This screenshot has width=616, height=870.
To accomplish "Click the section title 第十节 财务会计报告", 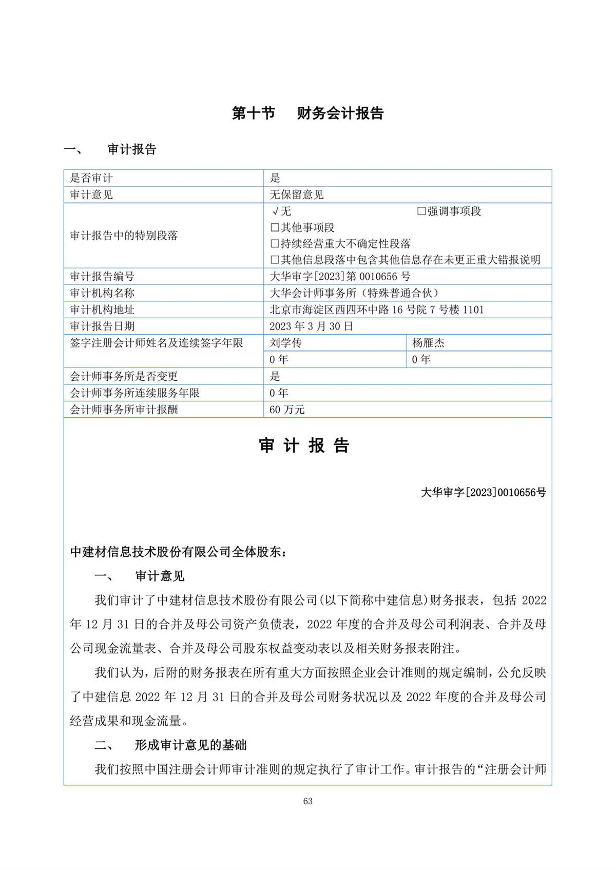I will pos(307,113).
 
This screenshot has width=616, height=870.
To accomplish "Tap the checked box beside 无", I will pos(275,211).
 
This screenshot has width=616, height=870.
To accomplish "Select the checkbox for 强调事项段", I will pos(421,211).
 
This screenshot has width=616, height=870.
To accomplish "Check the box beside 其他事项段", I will pos(275,227).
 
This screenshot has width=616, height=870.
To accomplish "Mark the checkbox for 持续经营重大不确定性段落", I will pos(275,244).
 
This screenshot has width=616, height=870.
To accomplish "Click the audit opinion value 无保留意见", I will pos(297,195).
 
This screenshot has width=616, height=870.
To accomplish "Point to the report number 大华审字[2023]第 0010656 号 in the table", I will pos(340,277).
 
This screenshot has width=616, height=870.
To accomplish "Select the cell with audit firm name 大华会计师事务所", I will pos(354,293).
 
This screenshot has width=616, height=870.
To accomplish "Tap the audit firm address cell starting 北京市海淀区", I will pos(377,310).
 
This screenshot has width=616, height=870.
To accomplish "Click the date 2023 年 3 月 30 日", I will pos(311,326).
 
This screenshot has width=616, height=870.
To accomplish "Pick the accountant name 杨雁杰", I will pos(428,342).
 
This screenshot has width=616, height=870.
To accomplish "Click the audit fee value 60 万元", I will pos(287,410).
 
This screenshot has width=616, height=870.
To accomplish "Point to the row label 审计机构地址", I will pos(102,310).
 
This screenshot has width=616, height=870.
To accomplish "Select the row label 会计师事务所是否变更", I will pos(124,376).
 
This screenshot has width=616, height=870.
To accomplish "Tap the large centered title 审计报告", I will pos(304,446).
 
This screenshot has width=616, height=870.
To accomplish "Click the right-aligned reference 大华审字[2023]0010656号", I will pos(483,492).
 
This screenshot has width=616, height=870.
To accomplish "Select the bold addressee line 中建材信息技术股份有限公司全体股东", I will pos(178,552).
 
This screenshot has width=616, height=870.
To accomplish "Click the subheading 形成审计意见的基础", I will pos(190,745).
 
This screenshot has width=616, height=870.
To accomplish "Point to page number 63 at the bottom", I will pos(307,801).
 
